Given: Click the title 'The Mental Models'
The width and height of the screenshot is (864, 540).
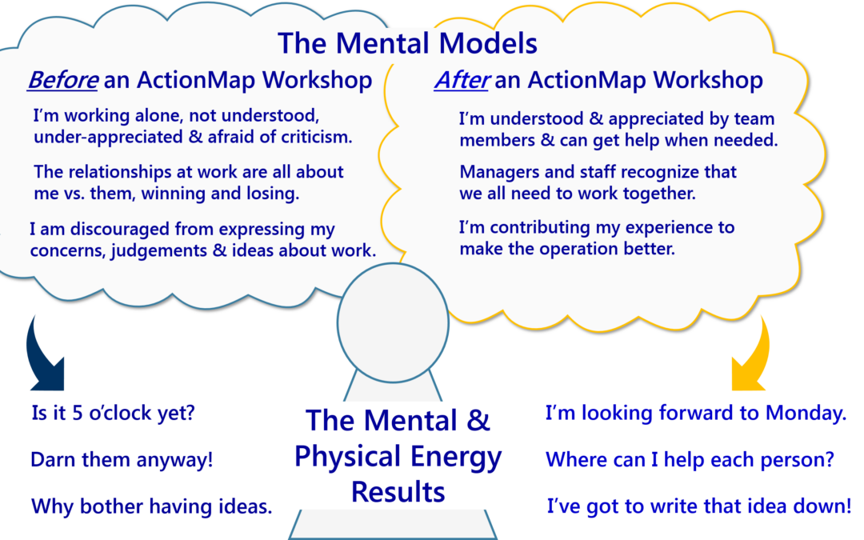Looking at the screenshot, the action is (407, 42).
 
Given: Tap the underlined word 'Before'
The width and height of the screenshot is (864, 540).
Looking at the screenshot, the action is (62, 80).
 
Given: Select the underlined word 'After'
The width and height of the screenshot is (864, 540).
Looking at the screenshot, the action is (462, 80).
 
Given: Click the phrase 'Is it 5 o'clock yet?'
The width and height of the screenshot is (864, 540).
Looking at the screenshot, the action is (112, 414).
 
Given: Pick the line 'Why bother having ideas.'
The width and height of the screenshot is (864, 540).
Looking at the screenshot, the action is (151, 506).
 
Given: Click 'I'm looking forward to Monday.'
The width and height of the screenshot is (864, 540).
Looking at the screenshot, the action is (695, 414).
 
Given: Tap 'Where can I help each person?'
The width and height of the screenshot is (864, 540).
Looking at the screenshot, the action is (690, 460).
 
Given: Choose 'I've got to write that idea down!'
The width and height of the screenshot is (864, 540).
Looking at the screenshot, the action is (699, 506).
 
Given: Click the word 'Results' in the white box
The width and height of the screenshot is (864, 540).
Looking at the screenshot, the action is (398, 490).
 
